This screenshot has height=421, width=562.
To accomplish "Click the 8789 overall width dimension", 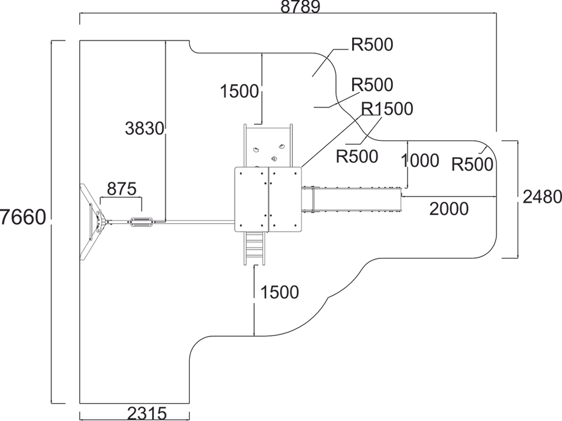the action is coord(300,6).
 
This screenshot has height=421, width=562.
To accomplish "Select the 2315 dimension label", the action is coord(147,414).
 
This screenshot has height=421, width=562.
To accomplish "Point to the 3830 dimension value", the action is coord(145,128).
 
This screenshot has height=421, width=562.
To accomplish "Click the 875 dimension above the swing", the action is coord(122,188).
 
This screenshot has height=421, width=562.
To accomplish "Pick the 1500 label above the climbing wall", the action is coord(239,91).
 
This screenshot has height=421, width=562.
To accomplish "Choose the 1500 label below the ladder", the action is coord(280,293).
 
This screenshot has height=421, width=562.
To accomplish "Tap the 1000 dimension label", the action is coord(420,161).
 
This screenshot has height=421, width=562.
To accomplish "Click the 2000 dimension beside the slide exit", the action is coord(448,208).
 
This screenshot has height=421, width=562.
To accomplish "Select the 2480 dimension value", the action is coord(542,196).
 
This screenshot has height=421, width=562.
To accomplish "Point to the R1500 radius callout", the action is coord(387,109).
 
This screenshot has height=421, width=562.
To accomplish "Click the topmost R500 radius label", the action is coord(372,45).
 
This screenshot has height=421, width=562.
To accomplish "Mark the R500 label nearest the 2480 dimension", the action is coord(472,165).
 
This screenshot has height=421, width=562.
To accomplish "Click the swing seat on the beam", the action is coord(142,222).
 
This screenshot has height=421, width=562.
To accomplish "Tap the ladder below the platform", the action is coord(254,248).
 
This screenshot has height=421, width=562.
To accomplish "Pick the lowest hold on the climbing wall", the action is coord(274,159).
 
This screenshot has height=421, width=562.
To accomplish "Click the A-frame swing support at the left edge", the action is coord(91,222).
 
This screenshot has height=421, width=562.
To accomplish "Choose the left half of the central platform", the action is coord(252,199).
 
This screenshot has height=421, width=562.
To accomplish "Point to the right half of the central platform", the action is coord(286,199).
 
